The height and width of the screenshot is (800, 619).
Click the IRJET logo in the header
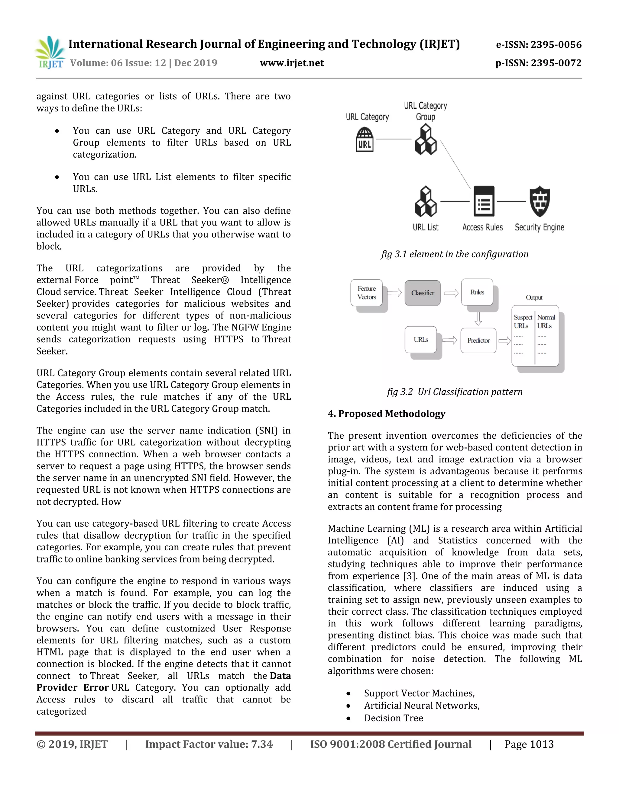click(50, 53)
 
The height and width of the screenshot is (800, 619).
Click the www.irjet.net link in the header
click(292, 63)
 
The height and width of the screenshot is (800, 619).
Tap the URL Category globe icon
click(365, 139)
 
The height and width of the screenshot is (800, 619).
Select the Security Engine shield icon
click(540, 201)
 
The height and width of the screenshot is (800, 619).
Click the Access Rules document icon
click(484, 201)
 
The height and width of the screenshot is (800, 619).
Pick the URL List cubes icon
click(425, 201)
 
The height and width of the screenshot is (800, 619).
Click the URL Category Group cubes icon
click(425, 139)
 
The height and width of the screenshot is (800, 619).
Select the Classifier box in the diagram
click(423, 293)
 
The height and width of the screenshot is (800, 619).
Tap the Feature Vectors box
click(367, 293)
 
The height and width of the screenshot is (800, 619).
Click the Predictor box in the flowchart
click(478, 340)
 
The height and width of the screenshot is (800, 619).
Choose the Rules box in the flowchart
click(477, 292)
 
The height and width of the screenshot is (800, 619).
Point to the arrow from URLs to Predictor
click(449, 340)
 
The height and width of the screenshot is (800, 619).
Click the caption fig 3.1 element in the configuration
click(454, 254)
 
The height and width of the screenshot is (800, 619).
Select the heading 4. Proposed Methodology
click(387, 414)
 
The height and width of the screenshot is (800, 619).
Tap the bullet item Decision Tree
click(394, 718)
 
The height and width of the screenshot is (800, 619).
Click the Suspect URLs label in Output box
click(523, 322)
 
